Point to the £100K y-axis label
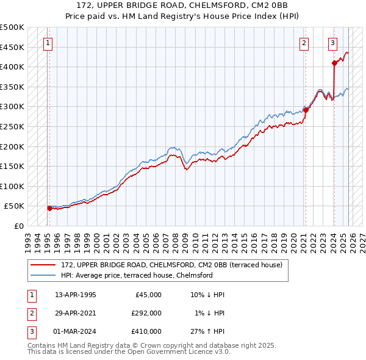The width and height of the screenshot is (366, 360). pos(12,186)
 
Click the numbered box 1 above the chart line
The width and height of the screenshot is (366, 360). pos(48,43)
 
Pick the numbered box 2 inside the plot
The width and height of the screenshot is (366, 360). pos(304,43)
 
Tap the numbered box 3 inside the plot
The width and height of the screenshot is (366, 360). pos(332,43)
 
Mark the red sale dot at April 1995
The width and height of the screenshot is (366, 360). pos(50,208)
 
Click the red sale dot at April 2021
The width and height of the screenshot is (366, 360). pos(306,110)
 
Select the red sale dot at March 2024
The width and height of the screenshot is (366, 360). pos(334,63)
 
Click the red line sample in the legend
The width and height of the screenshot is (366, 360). pos(43,265)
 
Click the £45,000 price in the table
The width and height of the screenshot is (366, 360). pos(146,295)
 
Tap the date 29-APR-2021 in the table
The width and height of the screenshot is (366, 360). pos(76,313)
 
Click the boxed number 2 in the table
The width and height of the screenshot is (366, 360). pos(30,313)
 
